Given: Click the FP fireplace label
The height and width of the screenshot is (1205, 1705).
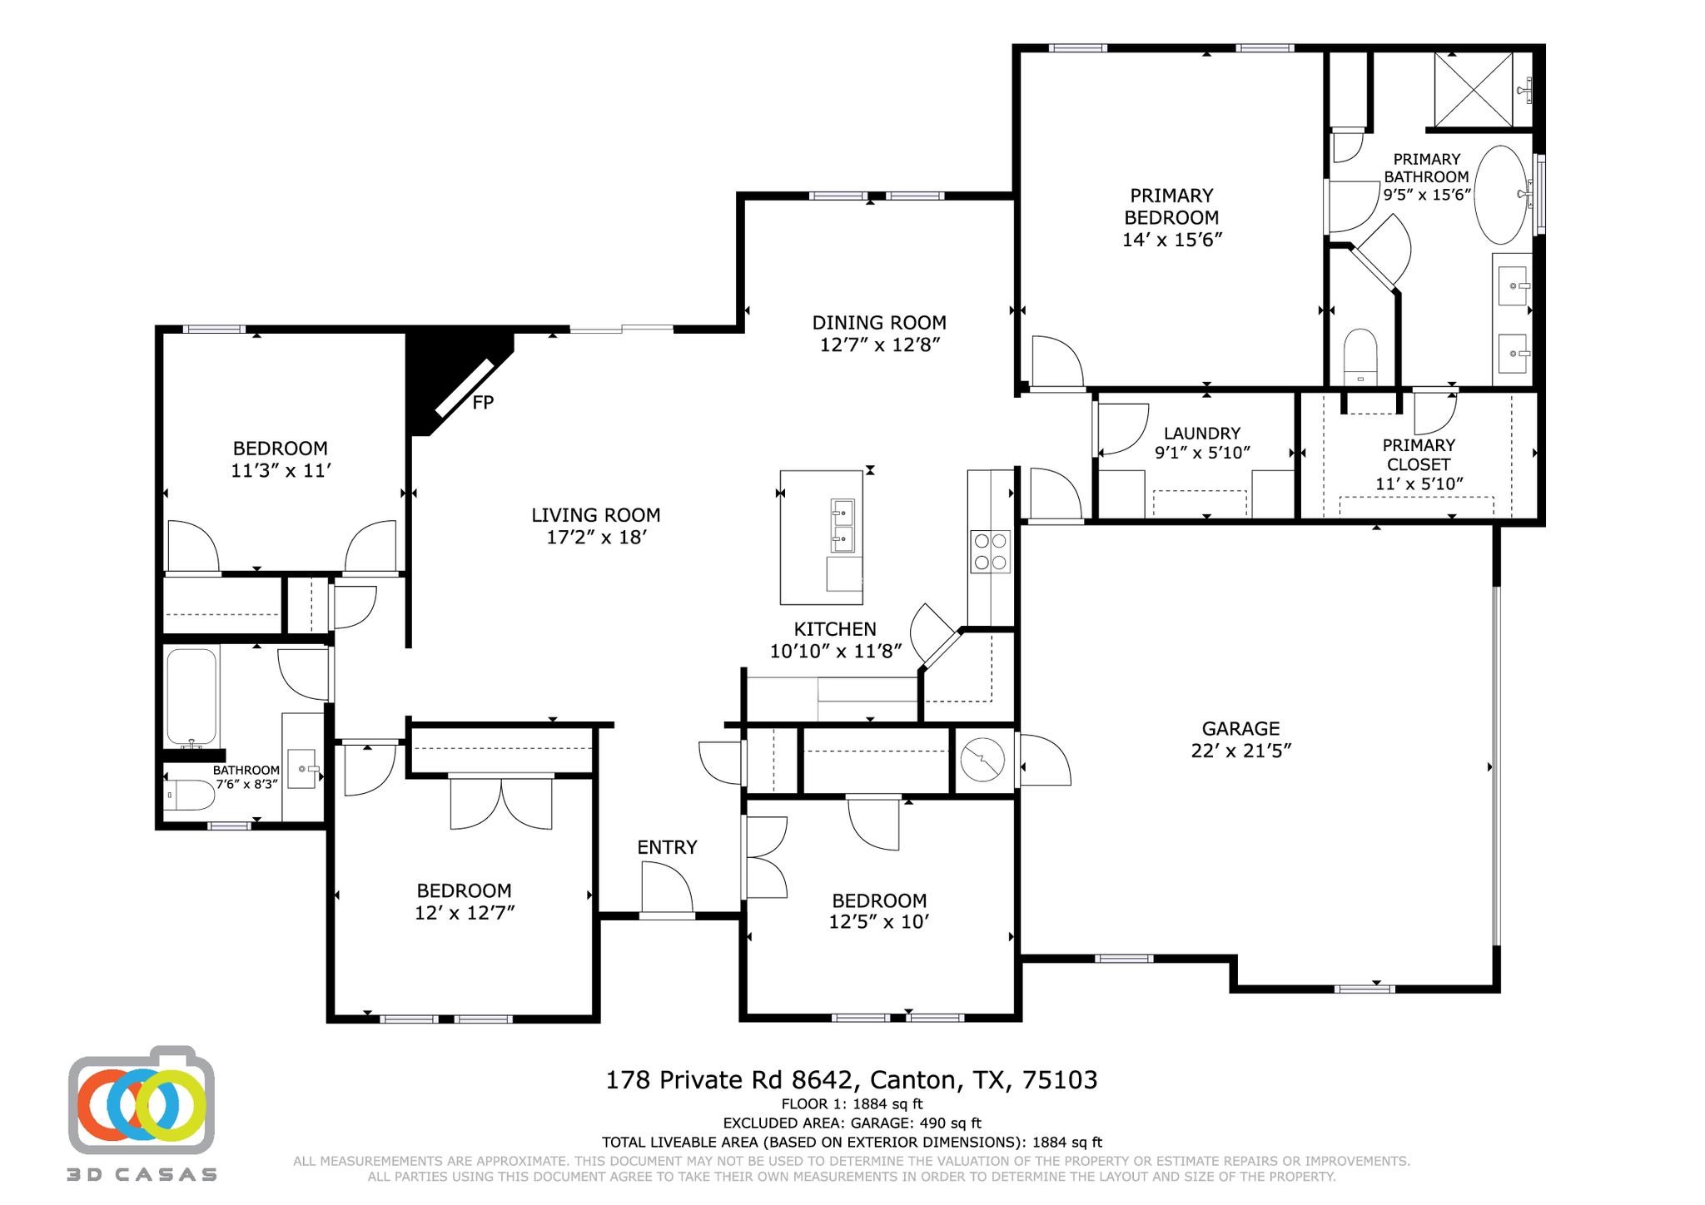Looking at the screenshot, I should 483,403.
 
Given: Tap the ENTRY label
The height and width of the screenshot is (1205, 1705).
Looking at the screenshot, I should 667,847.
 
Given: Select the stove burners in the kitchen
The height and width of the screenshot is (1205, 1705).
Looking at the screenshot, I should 990,551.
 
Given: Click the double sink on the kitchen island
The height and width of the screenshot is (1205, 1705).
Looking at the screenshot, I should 843,526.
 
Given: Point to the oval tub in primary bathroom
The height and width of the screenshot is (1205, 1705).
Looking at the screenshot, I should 1502,195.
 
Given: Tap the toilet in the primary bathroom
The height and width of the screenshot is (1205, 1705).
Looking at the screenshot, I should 1361,356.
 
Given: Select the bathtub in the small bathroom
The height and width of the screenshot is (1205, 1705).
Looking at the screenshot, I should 192,697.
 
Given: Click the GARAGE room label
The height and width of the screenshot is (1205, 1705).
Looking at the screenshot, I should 1240,729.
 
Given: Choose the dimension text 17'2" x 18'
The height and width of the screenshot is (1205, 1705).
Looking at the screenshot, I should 596,538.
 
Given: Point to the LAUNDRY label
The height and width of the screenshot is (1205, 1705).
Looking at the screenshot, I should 1201,434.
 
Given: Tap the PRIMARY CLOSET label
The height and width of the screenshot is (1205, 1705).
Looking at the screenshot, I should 1418,454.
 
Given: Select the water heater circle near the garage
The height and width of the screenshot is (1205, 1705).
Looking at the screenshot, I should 982,759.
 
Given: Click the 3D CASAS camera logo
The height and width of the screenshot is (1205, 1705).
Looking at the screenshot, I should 142,1103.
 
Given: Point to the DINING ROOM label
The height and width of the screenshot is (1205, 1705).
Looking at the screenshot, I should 879,323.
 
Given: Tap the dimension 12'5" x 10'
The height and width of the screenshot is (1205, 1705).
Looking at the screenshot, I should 878,922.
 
